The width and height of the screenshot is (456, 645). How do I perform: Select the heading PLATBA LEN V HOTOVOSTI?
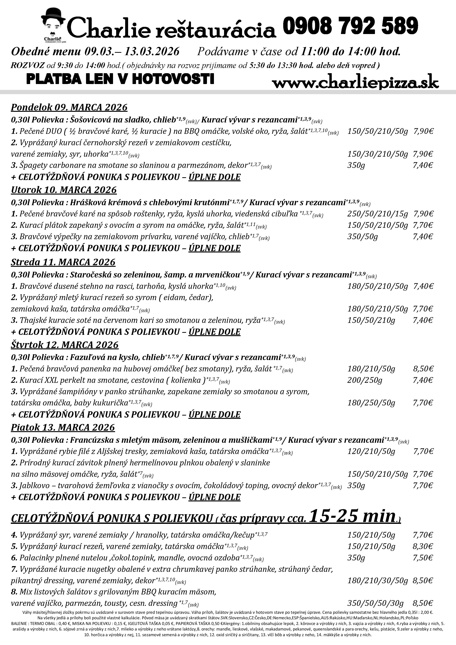tap(120, 79)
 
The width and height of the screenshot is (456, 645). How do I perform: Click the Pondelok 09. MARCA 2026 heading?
tap(69, 107)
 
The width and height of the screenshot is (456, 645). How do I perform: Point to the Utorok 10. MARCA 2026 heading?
tap(64, 190)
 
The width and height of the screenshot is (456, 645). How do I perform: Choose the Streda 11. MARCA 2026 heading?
tap(63, 262)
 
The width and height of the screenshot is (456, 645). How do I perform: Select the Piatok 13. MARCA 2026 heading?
tap(63, 427)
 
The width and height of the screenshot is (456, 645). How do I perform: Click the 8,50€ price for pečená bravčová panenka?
tap(423, 369)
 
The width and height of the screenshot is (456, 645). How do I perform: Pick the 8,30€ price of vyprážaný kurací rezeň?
tap(423, 546)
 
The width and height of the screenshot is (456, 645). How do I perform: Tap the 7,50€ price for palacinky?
tap(423, 558)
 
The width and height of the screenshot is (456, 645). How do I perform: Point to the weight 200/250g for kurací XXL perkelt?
tap(365, 380)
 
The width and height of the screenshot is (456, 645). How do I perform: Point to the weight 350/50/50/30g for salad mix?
tap(375, 603)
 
